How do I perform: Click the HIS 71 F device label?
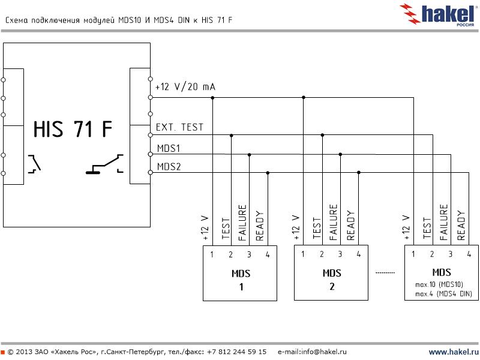point(72,129)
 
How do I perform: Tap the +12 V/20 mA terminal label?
point(185,87)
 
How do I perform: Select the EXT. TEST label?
point(179,127)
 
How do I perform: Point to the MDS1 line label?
point(169,148)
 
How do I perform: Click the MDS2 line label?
point(169,166)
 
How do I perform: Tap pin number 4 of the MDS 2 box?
point(358,254)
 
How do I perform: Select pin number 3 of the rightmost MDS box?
point(450,254)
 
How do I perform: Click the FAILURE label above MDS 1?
point(242,223)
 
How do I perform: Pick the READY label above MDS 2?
point(351,226)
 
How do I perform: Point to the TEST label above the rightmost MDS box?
point(427,229)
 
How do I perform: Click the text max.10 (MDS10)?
point(439,284)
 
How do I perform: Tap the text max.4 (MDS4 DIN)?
point(444,293)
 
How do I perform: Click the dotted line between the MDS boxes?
point(385,272)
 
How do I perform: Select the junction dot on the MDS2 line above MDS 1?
point(268,173)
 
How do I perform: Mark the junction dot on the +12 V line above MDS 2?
point(304,97)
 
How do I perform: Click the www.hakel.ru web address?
point(453,352)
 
